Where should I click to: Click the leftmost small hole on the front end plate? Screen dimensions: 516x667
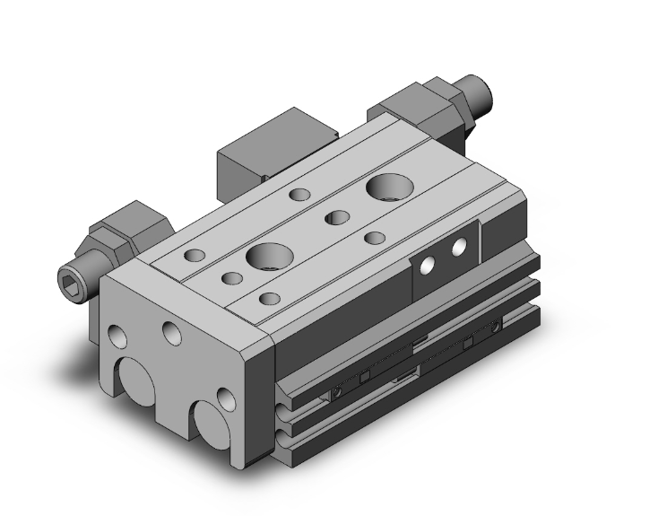point(117,337)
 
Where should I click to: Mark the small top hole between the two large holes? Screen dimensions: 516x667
point(337,216)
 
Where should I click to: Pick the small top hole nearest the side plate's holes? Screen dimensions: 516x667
point(376,237)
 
